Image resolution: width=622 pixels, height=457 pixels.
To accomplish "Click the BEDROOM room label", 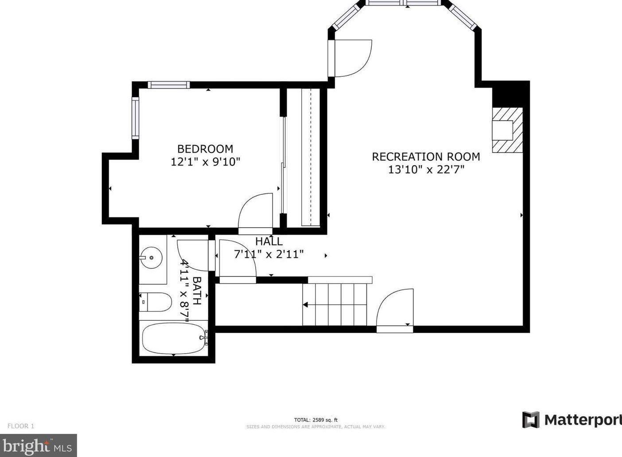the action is pos(205,149).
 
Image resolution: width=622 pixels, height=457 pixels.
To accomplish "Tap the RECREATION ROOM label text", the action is pos(426,157).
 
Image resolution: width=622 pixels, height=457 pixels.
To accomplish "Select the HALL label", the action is pos(269,241).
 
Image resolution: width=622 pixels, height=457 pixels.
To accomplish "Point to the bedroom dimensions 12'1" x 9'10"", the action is pos(205,162).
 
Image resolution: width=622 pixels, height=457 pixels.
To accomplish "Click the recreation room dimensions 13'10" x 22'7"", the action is pos(426,169).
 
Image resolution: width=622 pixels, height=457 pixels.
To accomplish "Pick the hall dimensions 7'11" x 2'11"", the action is pos(269,254).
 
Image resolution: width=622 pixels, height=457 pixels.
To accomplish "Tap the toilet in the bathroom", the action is pos(155,302).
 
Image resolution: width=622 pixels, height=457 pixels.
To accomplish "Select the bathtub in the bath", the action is pos(175,339).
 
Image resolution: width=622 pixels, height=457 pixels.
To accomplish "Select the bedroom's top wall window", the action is pos(168,85).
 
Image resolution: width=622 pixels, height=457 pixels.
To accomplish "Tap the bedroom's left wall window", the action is pos(135,118).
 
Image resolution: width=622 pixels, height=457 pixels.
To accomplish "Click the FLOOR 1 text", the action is pos(21,426).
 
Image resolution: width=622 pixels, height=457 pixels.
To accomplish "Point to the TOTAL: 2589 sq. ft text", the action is pos(316,420).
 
